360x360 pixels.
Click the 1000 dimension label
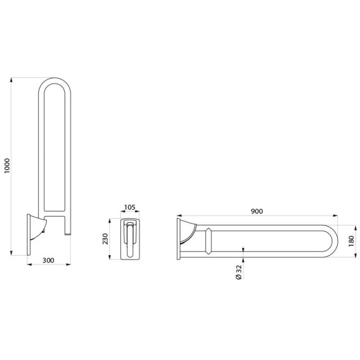coord(7,166)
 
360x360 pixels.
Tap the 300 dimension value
coord(49,260)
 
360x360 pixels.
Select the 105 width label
coord(130,207)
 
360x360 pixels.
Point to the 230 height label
coord(105,239)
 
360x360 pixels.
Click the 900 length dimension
coord(257,211)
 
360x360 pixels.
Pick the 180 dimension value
coord(351,241)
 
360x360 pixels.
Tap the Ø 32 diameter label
coord(239,272)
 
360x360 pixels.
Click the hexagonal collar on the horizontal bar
coord(208,241)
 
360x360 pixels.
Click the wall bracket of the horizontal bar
coord(186,239)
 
